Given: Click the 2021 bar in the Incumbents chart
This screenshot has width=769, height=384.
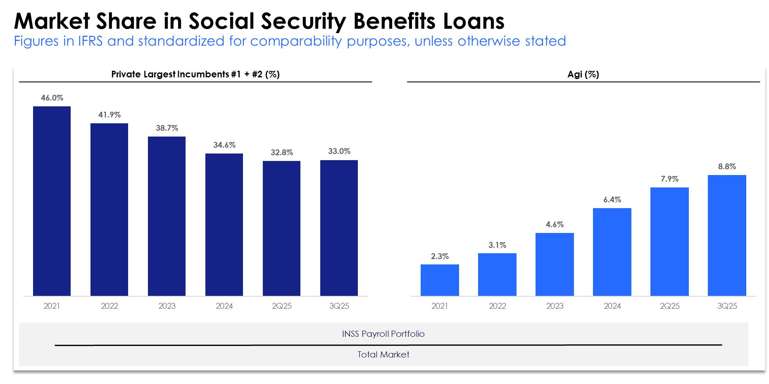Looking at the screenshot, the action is click(52, 201).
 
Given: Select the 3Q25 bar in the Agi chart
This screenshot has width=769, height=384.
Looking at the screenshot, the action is click(727, 235).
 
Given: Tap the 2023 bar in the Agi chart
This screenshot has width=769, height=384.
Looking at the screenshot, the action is click(555, 264).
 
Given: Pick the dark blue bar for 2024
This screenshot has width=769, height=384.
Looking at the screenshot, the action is click(224, 225).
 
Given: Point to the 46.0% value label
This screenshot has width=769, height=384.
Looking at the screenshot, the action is click(52, 98).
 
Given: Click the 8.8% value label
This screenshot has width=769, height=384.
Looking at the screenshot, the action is click(727, 167).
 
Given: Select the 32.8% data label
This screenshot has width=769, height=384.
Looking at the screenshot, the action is click(282, 153).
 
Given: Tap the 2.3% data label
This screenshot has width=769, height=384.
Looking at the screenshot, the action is click(440, 257).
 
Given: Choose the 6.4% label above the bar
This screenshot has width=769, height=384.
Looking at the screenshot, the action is click(612, 200).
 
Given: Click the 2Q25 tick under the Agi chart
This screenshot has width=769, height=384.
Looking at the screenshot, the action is click(669, 306).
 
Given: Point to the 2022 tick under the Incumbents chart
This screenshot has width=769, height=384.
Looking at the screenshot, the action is click(110, 306).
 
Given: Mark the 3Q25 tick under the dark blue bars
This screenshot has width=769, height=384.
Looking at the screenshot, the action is click(339, 306).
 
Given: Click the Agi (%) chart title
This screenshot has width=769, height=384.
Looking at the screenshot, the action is click(583, 74).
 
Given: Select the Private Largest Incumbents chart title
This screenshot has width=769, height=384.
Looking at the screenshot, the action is click(195, 74).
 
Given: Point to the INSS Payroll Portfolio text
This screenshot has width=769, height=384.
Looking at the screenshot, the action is click(383, 334).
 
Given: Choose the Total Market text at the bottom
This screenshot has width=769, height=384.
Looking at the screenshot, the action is click(383, 355).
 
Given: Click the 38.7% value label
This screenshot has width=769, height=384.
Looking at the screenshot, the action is click(167, 128).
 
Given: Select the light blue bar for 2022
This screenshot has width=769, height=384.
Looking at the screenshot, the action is click(497, 275).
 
